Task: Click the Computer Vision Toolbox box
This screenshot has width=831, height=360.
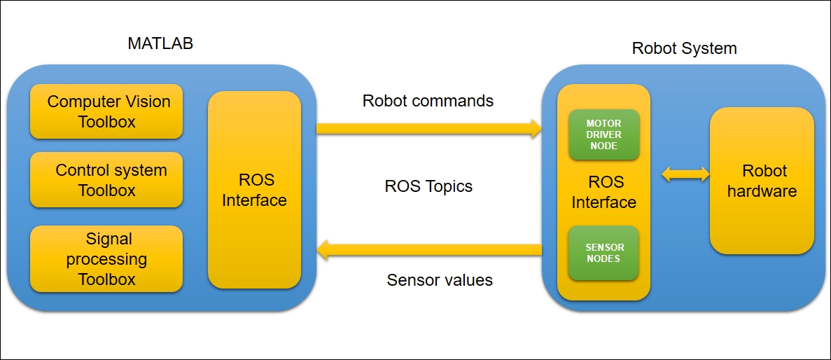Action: pyautogui.click(x=106, y=111)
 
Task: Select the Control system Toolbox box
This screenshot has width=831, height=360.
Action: pyautogui.click(x=106, y=180)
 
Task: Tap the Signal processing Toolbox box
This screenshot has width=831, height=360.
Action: pyautogui.click(x=106, y=258)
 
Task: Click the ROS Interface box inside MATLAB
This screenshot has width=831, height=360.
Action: pyautogui.click(x=254, y=190)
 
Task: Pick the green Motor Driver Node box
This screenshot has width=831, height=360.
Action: pyautogui.click(x=603, y=134)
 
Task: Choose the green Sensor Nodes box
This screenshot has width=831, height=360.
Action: pyautogui.click(x=603, y=253)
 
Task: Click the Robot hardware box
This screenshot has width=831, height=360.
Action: pyautogui.click(x=762, y=181)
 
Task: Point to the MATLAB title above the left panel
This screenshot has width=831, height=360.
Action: pyautogui.click(x=160, y=43)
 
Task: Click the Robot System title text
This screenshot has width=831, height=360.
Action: pyautogui.click(x=684, y=48)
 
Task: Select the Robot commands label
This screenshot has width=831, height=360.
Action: pyautogui.click(x=428, y=100)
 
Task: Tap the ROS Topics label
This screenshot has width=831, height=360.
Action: pyautogui.click(x=428, y=186)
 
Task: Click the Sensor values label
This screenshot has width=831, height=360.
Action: pyautogui.click(x=440, y=279)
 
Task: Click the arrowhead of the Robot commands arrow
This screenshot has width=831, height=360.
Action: pyautogui.click(x=536, y=129)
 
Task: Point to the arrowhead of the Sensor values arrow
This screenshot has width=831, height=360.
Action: pyautogui.click(x=323, y=250)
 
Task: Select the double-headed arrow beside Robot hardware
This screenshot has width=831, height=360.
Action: pyautogui.click(x=686, y=174)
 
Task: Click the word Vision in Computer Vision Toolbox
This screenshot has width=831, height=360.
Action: pyautogui.click(x=148, y=102)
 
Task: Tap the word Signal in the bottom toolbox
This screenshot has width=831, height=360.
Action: pyautogui.click(x=109, y=240)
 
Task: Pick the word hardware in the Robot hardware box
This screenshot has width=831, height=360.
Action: pyautogui.click(x=762, y=191)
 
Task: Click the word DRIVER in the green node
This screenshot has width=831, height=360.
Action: pyautogui.click(x=603, y=134)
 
